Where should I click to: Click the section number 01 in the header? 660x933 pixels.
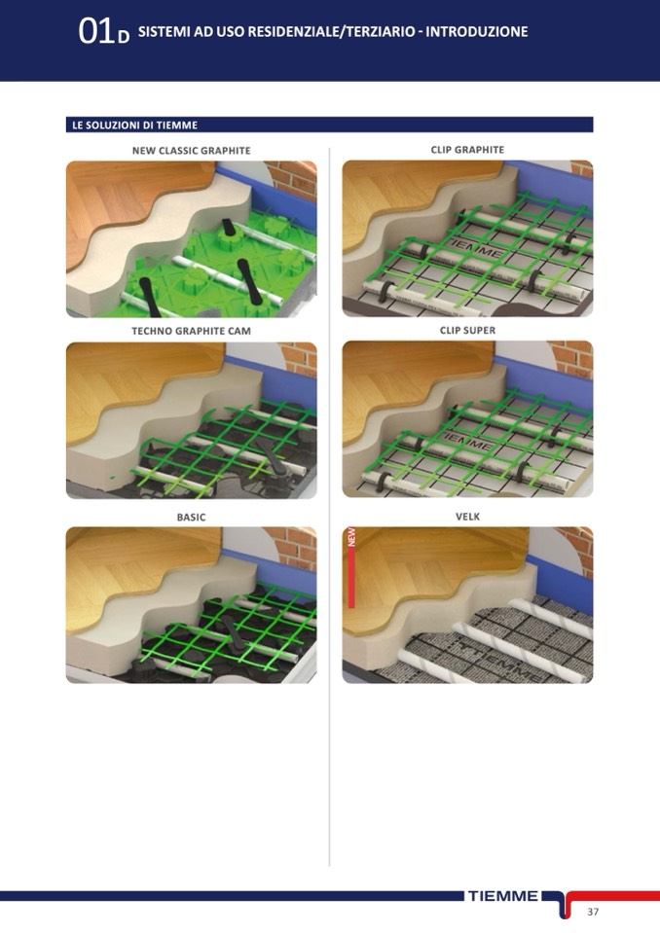95,31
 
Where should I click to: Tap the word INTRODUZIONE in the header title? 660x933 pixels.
477,31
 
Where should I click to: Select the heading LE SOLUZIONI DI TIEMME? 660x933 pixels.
134,125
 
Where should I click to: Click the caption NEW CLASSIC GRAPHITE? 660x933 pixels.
191,151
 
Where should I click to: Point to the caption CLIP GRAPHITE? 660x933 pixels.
467,150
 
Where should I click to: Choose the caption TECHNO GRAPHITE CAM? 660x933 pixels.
191,331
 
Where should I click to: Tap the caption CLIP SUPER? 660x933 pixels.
467,330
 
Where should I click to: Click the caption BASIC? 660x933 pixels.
191,517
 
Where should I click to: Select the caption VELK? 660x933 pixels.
467,517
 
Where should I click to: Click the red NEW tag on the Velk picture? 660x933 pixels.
351,567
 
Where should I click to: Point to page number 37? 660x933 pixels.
593,912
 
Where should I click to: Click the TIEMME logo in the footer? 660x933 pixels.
503,896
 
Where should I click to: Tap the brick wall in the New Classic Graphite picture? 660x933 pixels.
293,178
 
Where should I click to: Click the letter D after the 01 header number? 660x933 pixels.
124,37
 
